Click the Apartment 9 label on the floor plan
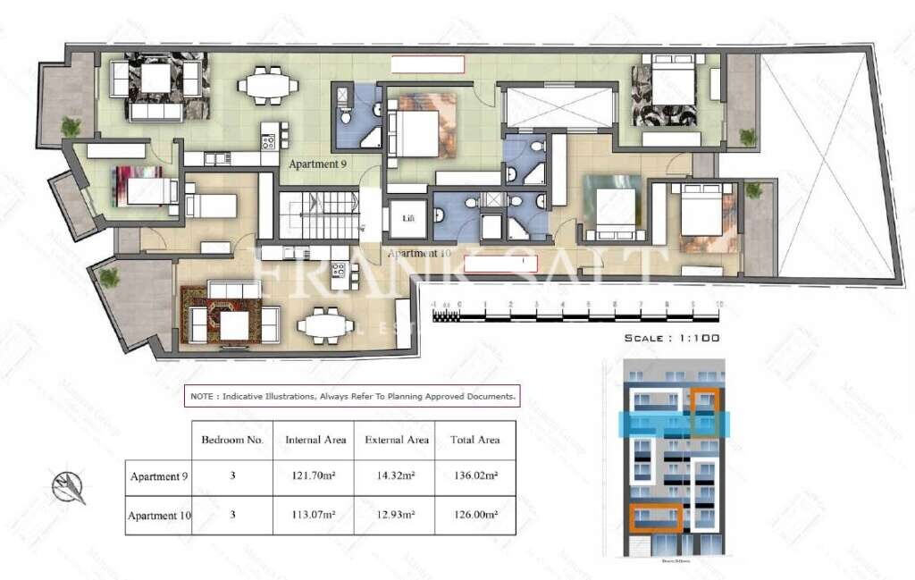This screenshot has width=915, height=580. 317,164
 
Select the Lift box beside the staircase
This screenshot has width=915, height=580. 407,219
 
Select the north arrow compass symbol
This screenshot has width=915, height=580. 69,487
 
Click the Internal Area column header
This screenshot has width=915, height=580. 315,440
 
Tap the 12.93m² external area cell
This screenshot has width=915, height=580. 397,515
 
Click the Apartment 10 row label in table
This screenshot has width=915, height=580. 159,516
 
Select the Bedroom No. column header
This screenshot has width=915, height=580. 232,440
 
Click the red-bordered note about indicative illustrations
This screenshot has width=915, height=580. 352,396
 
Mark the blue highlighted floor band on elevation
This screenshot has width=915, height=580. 676,424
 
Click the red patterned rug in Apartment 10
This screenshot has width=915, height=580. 219,315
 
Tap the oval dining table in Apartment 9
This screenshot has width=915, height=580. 268,87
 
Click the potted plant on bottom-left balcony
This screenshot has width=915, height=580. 109,278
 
